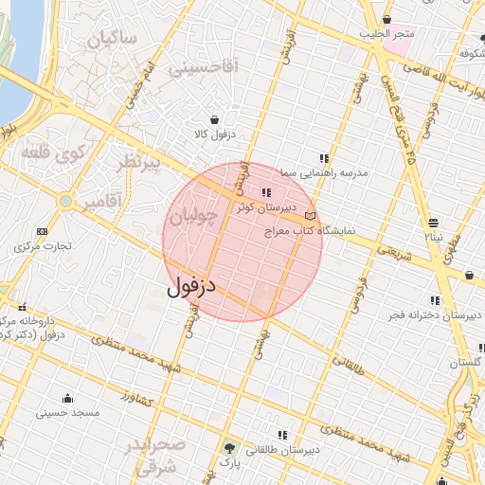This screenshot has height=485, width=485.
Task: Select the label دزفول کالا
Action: (x=214, y=135)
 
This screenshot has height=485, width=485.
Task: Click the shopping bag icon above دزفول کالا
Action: (x=215, y=120)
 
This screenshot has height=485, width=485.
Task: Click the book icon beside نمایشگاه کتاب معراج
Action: (x=311, y=216)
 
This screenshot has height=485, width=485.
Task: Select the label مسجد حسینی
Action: (x=68, y=413)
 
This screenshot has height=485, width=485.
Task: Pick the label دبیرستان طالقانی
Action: (x=283, y=450)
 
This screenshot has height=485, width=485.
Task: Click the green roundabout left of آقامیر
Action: (x=64, y=201)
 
